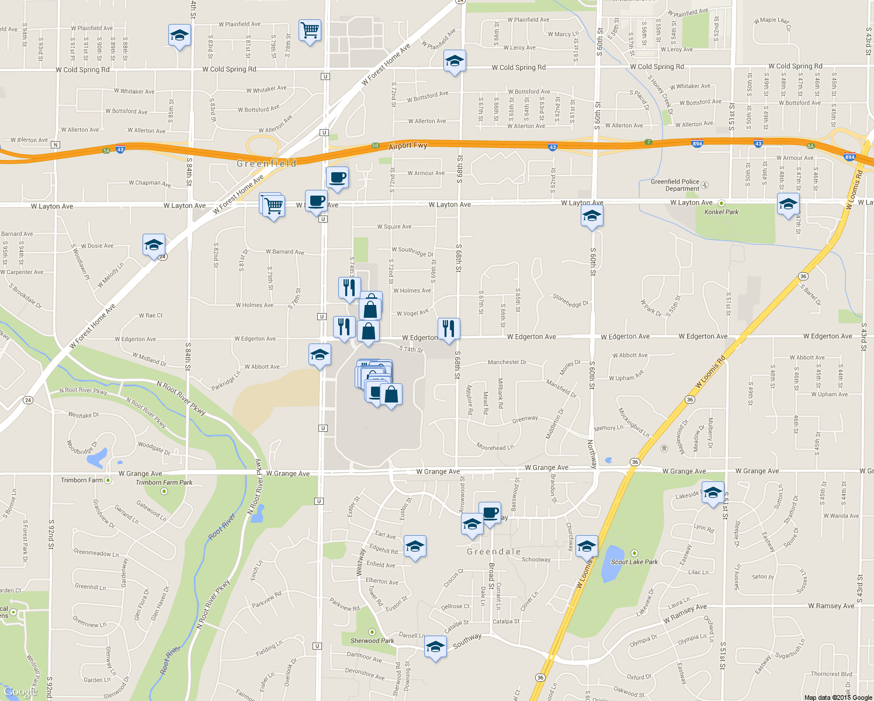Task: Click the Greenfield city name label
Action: click(x=266, y=164)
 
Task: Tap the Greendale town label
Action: click(x=494, y=551)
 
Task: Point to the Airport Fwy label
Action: click(x=408, y=145)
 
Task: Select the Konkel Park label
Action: click(x=721, y=212)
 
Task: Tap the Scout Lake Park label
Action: click(x=634, y=562)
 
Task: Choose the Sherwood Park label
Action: click(x=372, y=641)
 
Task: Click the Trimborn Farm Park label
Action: click(x=164, y=483)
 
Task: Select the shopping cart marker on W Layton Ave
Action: click(x=273, y=206)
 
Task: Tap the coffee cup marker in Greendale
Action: click(x=490, y=513)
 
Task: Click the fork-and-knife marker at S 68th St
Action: click(x=449, y=329)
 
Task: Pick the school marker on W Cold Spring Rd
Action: click(x=455, y=61)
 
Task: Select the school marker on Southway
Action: click(x=435, y=647)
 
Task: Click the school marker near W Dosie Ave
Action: click(x=154, y=245)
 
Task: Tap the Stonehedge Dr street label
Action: click(x=570, y=300)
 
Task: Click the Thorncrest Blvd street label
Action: click(x=831, y=674)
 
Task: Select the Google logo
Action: click(x=20, y=692)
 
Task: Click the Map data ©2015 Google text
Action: click(x=838, y=697)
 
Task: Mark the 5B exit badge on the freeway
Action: click(x=376, y=145)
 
